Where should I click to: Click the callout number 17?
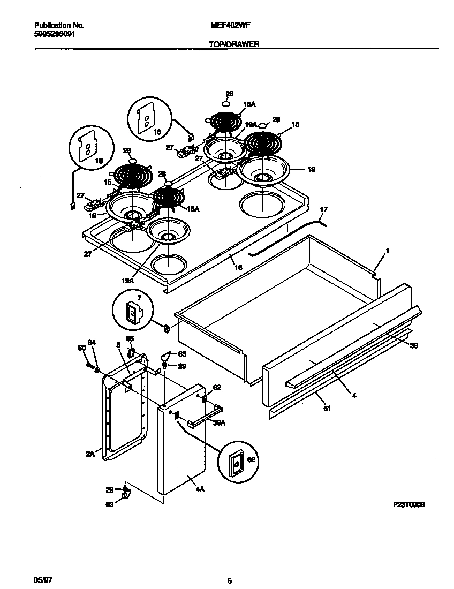(323, 209)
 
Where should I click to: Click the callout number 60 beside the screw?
(82, 349)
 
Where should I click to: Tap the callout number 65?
(130, 339)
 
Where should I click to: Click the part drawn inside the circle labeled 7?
(132, 313)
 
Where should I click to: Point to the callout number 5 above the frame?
(117, 345)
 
